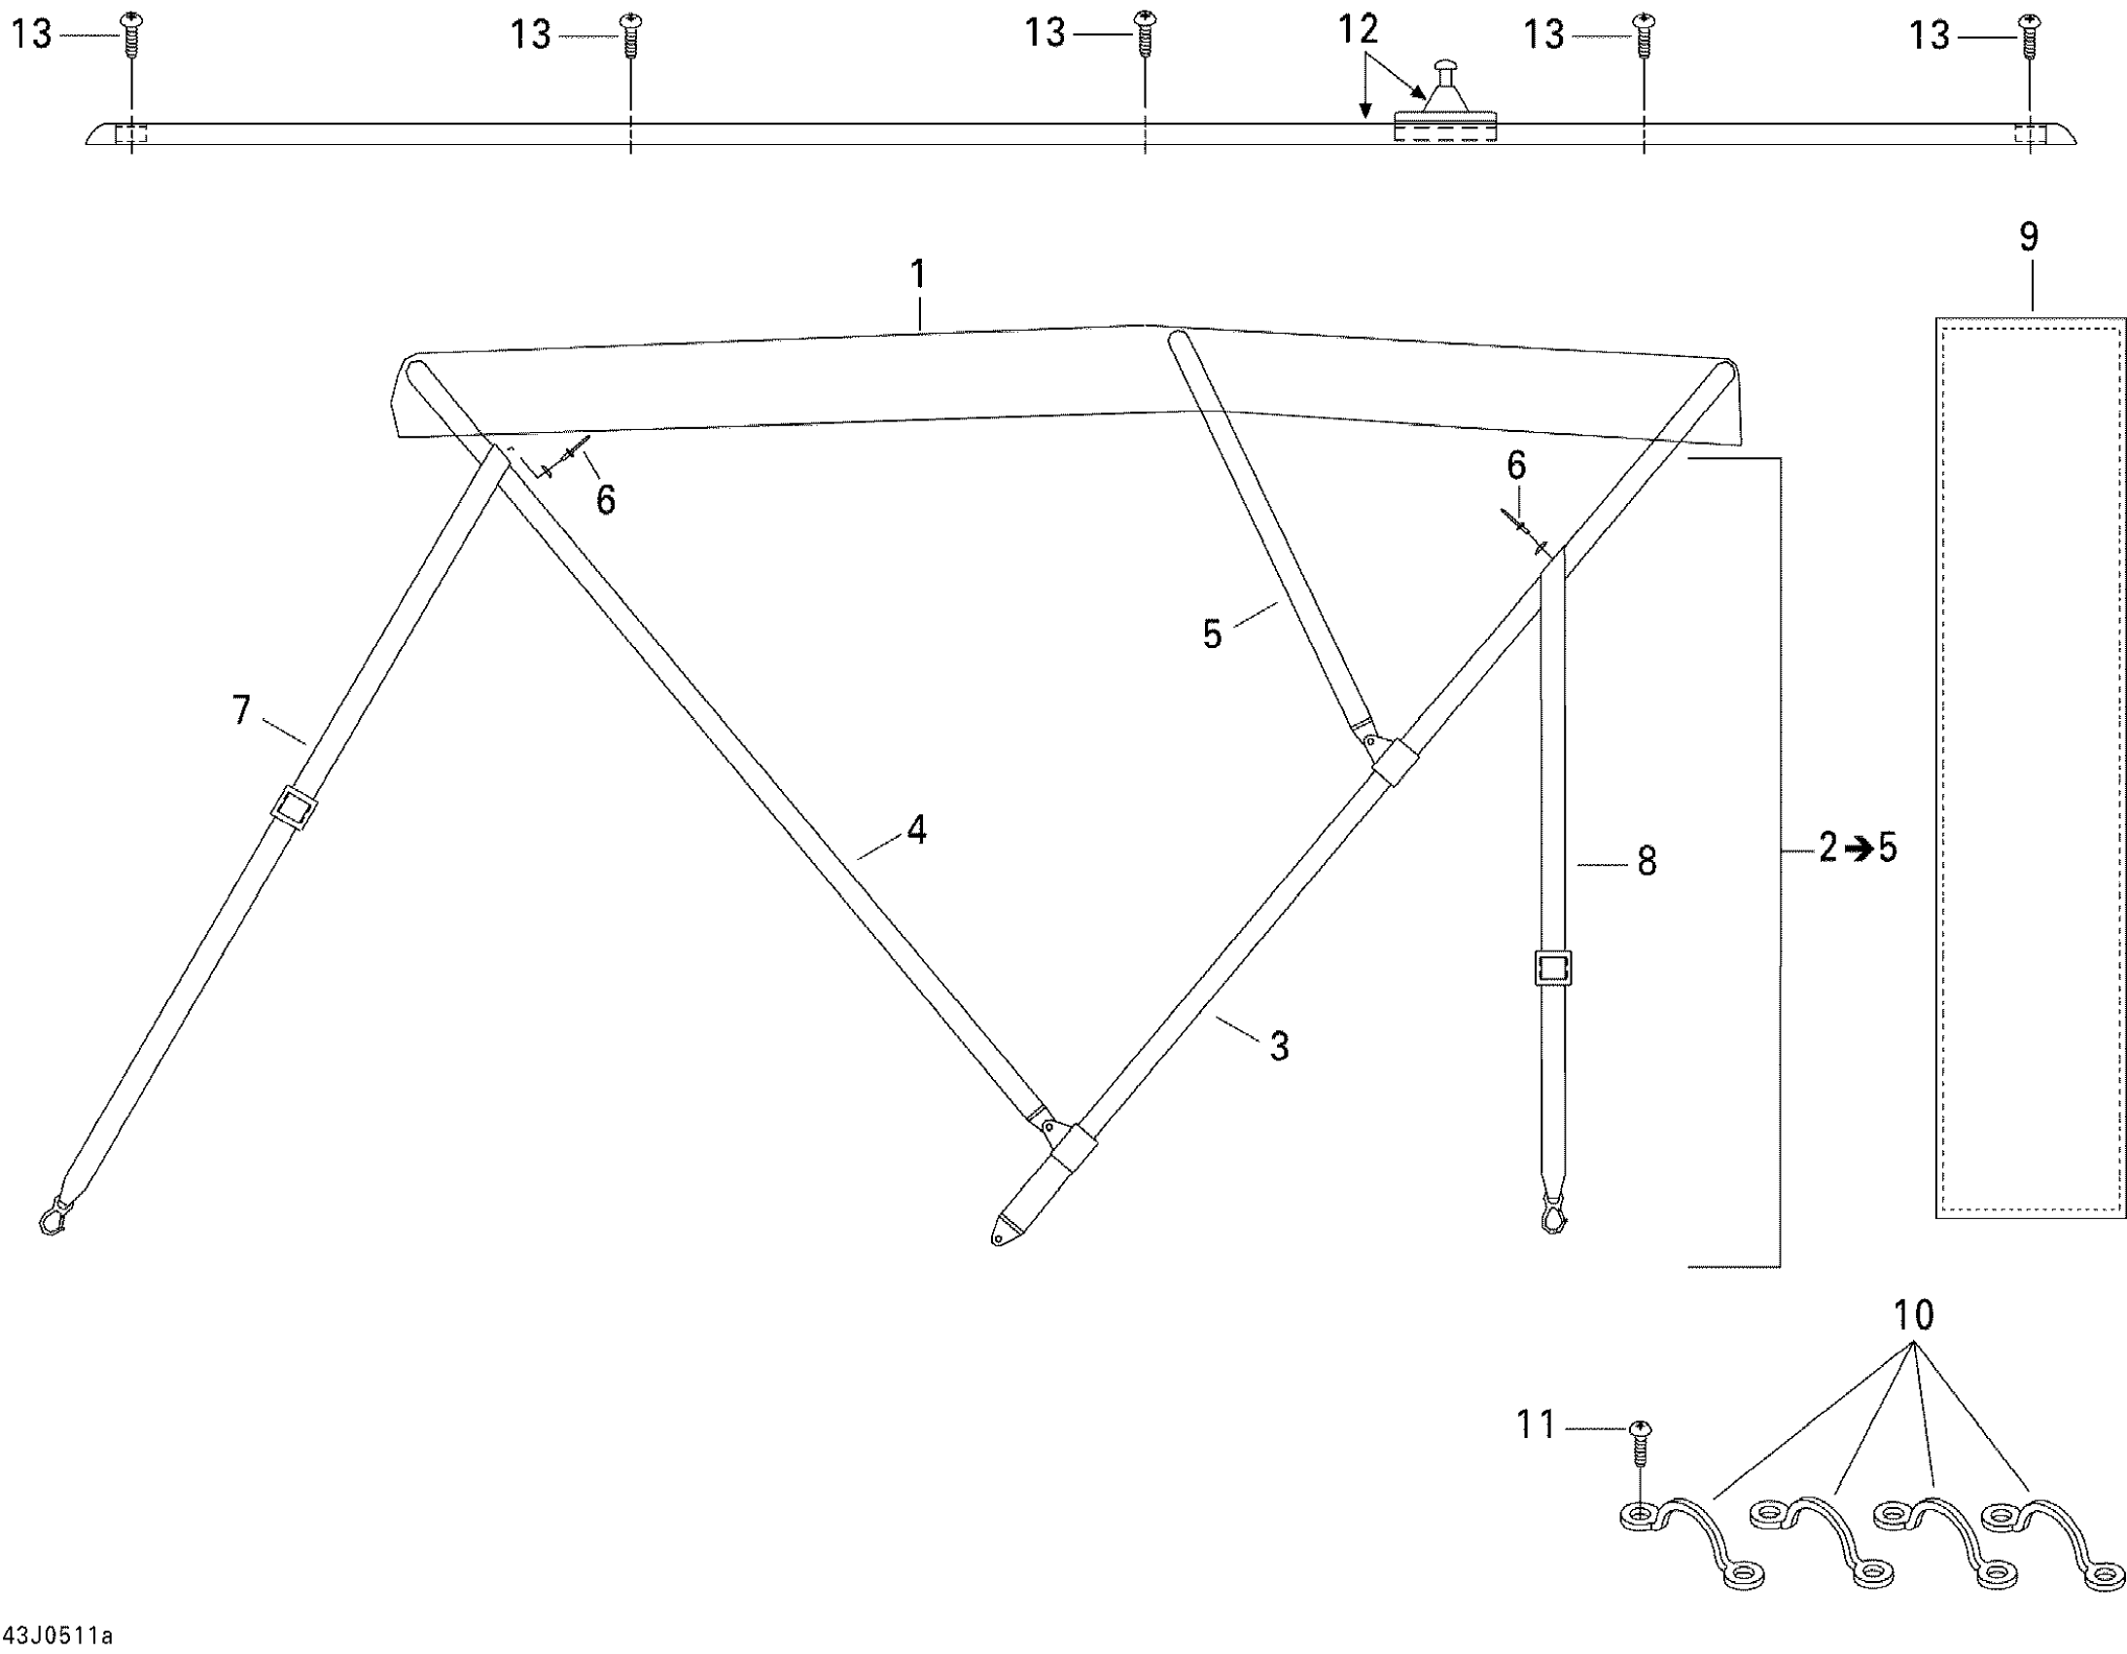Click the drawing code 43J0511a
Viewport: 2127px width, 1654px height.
[x=58, y=1635]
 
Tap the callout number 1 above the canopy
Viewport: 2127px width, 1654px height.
[x=918, y=274]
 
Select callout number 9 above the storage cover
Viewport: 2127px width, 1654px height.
[x=2029, y=236]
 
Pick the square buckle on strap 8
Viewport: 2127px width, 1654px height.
[x=1553, y=968]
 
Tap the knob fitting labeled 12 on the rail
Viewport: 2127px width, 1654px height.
[x=1445, y=92]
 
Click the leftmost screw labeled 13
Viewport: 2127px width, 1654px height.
[x=131, y=35]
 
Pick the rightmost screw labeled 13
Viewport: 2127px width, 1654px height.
[x=2030, y=35]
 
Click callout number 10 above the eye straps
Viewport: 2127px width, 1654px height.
[x=1913, y=1315]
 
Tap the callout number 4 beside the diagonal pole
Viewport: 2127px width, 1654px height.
[x=915, y=830]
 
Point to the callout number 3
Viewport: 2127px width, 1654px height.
[x=1279, y=1046]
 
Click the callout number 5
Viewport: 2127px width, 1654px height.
[x=1212, y=634]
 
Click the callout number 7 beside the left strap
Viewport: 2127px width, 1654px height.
[x=241, y=709]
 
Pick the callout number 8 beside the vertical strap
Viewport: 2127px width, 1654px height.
[x=1646, y=861]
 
